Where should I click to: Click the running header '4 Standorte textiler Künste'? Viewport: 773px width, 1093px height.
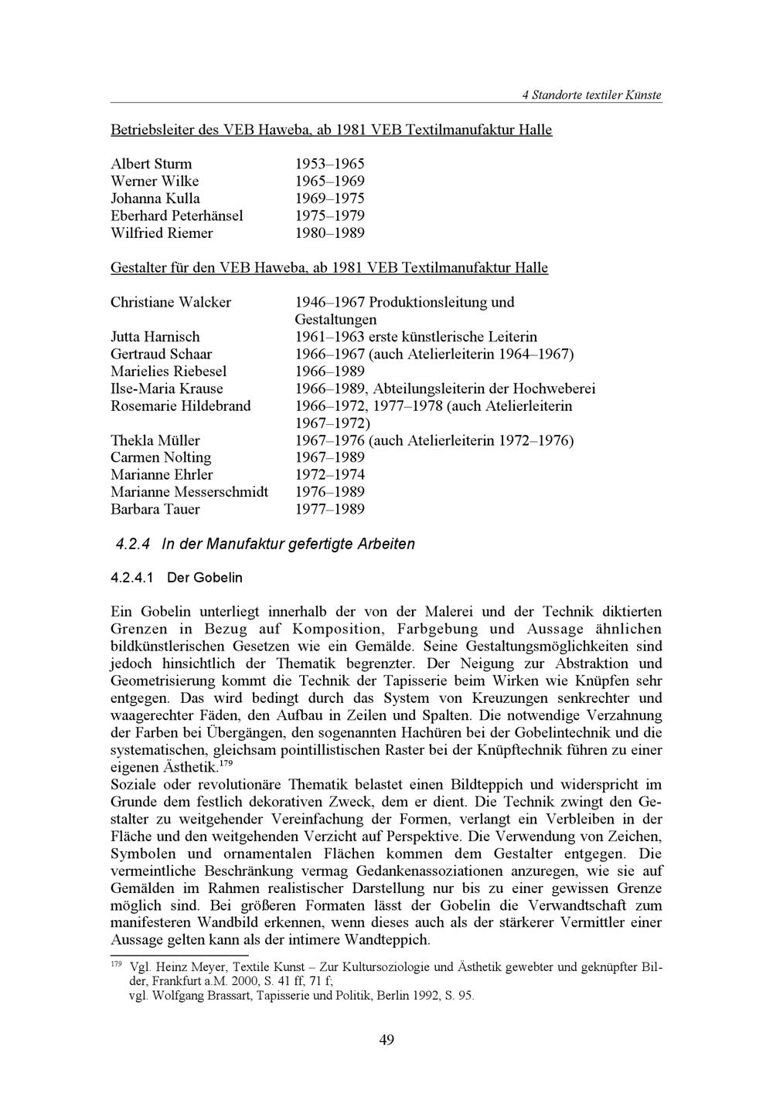point(591,95)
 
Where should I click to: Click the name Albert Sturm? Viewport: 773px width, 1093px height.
point(152,164)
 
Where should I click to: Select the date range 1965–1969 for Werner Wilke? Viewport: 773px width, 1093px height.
point(329,181)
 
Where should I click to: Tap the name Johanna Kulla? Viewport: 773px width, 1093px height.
point(155,199)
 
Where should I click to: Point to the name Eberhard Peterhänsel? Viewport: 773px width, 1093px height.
point(177,216)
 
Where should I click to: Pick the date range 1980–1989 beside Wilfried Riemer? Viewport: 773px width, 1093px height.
point(329,233)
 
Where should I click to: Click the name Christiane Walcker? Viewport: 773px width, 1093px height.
point(171,302)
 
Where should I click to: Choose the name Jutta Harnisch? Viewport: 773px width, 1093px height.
point(155,337)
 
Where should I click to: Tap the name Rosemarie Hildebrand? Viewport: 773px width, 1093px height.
point(181,406)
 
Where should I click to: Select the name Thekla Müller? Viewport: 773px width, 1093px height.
point(155,440)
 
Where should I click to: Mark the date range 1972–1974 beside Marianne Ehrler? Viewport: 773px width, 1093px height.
point(329,474)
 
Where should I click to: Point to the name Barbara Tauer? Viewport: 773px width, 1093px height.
point(155,509)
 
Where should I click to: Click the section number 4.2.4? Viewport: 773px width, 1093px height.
point(132,544)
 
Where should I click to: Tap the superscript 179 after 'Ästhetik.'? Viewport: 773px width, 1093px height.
point(226,764)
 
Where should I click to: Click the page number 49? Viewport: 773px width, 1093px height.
point(386,1040)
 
